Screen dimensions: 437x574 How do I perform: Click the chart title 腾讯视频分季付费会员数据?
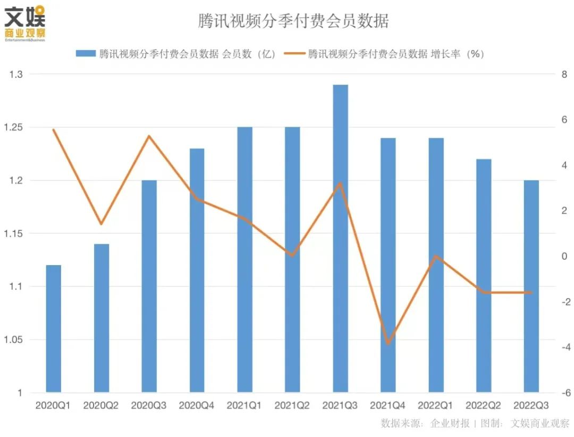click(293, 21)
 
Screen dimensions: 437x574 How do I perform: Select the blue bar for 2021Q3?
click(340, 240)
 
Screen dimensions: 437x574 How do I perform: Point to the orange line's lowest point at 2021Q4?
click(388, 343)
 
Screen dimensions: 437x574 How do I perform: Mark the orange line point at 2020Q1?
click(53, 129)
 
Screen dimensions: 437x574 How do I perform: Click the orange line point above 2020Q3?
click(149, 136)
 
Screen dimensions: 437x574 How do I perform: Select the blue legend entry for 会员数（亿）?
click(176, 54)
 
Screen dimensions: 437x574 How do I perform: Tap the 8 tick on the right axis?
click(563, 75)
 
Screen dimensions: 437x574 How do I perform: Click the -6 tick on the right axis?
click(562, 393)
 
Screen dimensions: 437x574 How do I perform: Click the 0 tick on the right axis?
click(563, 257)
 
